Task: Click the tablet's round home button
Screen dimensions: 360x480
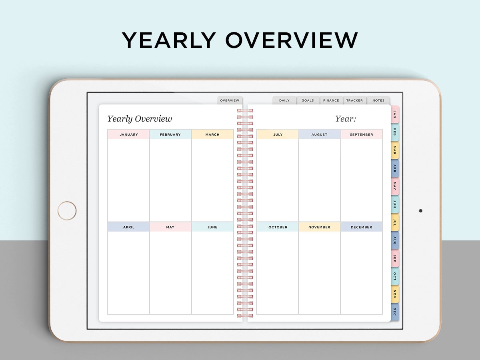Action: [x=67, y=210]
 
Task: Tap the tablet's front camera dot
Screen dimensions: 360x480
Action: [x=420, y=210]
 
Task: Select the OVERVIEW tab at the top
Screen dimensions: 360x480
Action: [x=230, y=100]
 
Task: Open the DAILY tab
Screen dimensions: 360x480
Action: [x=284, y=100]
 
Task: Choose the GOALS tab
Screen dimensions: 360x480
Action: [x=308, y=100]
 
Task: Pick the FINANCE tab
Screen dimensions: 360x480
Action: [x=331, y=100]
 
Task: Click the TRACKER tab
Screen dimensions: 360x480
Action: [x=354, y=100]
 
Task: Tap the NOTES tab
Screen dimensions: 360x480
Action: [x=378, y=100]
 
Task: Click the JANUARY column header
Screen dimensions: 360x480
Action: [x=128, y=134]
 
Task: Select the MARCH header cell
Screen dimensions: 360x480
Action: [x=212, y=134]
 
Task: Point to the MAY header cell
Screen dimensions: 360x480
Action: [x=170, y=227]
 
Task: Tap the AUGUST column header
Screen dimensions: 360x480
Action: [x=319, y=134]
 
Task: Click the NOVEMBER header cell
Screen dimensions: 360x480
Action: [x=319, y=227]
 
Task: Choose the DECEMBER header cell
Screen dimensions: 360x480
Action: [x=361, y=227]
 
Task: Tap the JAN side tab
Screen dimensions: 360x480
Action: [x=394, y=114]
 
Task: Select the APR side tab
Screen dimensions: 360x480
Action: [x=394, y=168]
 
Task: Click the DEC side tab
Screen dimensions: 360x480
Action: [x=394, y=312]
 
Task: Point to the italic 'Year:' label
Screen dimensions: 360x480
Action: [x=346, y=119]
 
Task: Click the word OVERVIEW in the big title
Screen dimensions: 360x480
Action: [x=292, y=40]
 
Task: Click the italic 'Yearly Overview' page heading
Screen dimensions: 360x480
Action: [x=140, y=119]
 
